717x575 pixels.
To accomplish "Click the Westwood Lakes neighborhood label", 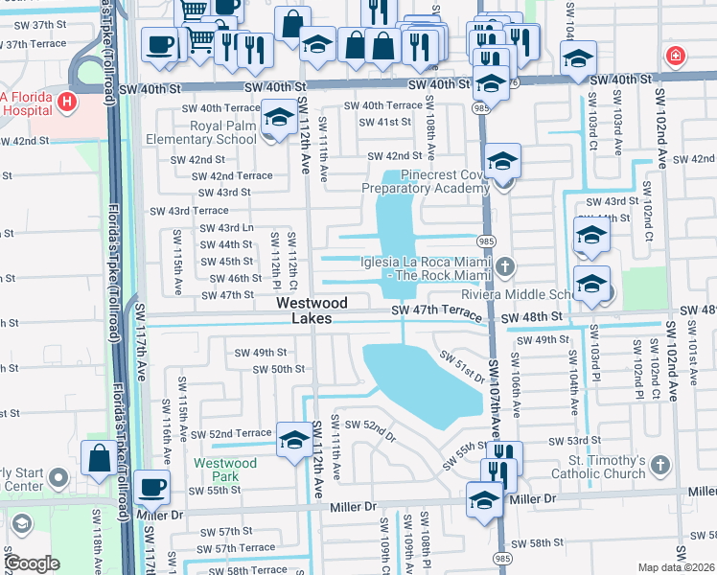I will pos(305,310).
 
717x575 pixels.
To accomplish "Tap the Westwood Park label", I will pos(225,470).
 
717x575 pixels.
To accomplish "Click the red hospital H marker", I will pos(67,100).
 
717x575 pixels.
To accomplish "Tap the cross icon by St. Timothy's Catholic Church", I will pos(659,465).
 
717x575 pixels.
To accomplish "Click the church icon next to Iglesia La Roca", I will pos(505,264).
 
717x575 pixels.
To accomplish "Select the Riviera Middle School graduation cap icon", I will pos(592,284).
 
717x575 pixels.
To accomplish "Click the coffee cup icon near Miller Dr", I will pos(150,488).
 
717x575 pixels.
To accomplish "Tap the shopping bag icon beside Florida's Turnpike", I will pos(100,458).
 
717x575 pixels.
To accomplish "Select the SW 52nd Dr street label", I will pos(370,427).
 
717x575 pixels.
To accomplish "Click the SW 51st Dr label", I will pos(461,364).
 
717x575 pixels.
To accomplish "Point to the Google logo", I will pos(33,564).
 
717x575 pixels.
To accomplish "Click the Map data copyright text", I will pos(677,567).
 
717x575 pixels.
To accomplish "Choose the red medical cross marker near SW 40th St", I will pos(678,55).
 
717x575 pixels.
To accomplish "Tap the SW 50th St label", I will pos(278,369).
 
